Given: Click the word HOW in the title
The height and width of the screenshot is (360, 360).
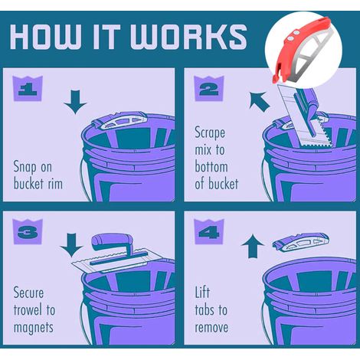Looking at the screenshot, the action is click(x=45, y=37).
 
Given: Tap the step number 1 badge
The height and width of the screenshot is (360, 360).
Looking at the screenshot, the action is click(x=28, y=88).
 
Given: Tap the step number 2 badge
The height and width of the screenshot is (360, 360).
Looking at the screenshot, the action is click(x=209, y=88).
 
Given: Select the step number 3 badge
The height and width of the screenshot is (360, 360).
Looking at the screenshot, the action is click(x=28, y=231).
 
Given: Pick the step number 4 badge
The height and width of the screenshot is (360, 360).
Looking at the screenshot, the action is click(x=209, y=231).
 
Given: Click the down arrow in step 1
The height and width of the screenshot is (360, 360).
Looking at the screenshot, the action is click(x=75, y=102).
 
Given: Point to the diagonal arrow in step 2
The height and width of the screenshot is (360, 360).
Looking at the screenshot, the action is click(x=259, y=102).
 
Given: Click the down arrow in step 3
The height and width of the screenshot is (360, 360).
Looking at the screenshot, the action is click(x=71, y=245).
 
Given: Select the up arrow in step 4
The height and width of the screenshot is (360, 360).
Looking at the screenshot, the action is click(x=253, y=246).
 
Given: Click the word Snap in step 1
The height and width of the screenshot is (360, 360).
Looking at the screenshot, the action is click(x=25, y=168).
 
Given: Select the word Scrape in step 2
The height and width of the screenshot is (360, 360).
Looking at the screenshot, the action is click(x=210, y=133).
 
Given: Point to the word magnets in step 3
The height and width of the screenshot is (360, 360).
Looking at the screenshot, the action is click(x=34, y=327).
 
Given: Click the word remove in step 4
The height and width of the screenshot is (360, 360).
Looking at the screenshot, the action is click(x=211, y=327).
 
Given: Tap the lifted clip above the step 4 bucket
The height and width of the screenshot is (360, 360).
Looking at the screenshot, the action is click(x=301, y=242).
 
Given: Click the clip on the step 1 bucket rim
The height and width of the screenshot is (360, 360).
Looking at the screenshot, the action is click(x=120, y=121).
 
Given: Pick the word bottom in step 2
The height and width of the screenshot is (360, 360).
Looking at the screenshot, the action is click(x=211, y=167).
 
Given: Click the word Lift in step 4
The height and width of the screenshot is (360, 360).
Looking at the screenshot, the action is click(x=202, y=293).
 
